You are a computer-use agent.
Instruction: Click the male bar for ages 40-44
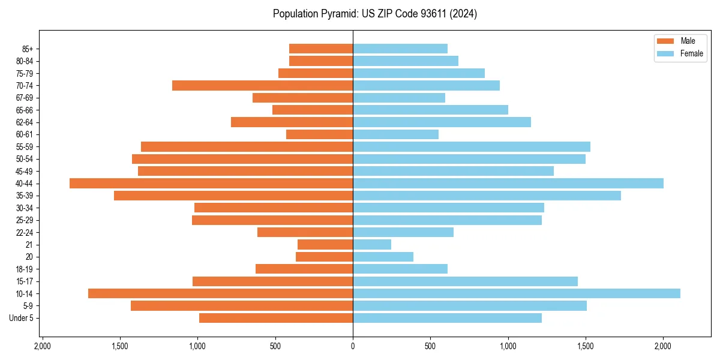click(211, 183)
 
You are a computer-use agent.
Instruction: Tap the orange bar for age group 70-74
click(262, 85)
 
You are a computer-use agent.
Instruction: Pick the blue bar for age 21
click(372, 244)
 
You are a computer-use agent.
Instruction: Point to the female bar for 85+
click(400, 49)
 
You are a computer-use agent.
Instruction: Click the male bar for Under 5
click(276, 318)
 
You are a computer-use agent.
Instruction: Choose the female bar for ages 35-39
click(487, 196)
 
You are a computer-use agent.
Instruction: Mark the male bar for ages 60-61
click(319, 134)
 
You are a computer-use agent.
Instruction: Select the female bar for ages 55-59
click(472, 146)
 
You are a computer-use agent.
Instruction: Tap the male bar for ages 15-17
click(272, 281)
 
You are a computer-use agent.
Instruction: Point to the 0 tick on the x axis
click(353, 346)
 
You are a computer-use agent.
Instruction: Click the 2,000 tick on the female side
click(663, 346)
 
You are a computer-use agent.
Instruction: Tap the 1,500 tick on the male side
click(120, 346)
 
